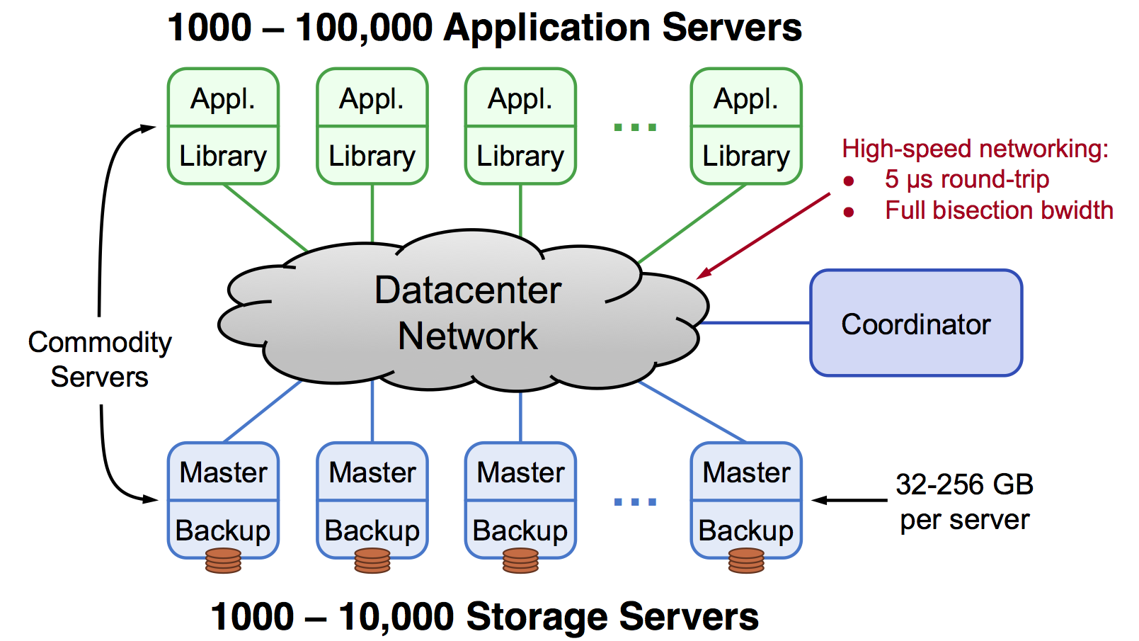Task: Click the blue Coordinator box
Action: [x=915, y=323]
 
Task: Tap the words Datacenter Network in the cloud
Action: [x=467, y=312]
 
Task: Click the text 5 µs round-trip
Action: [x=966, y=179]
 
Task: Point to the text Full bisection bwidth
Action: [x=999, y=210]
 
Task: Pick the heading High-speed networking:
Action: [x=975, y=149]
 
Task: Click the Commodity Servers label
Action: [x=100, y=359]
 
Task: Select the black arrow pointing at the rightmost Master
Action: [x=849, y=500]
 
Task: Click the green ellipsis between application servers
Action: [x=635, y=127]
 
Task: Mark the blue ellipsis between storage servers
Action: [x=635, y=501]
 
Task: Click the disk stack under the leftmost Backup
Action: [x=223, y=560]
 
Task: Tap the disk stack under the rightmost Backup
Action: [x=746, y=560]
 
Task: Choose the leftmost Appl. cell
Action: [x=223, y=98]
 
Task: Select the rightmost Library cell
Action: [x=746, y=156]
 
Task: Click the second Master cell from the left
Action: [x=372, y=472]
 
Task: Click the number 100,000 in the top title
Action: [x=364, y=28]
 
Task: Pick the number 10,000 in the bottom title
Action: [x=396, y=616]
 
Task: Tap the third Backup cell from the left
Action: [x=520, y=530]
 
